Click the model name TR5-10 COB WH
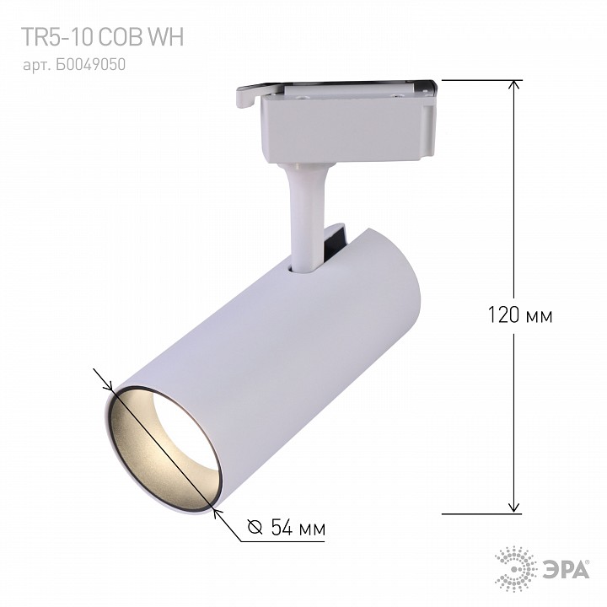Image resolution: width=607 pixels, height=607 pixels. pyautogui.click(x=102, y=37)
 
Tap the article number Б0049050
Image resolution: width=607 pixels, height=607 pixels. pyautogui.click(x=90, y=65)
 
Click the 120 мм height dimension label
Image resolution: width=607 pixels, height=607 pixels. pyautogui.click(x=519, y=315)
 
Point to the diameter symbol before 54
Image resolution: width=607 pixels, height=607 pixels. pyautogui.click(x=255, y=526)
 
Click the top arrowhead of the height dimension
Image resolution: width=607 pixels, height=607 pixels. pyautogui.click(x=513, y=85)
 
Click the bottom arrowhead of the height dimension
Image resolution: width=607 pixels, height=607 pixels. pyautogui.click(x=513, y=508)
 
